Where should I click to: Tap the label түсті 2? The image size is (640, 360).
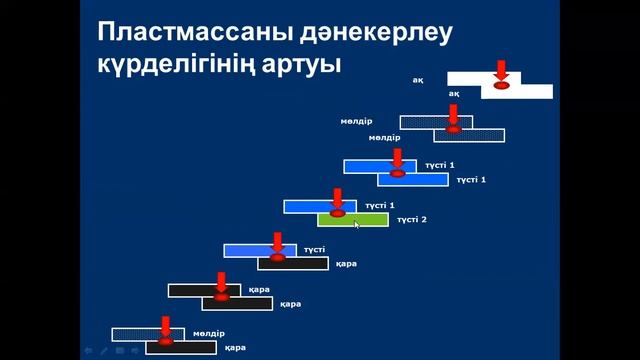coord(412,220)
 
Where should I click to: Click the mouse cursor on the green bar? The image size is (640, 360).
coord(357,225)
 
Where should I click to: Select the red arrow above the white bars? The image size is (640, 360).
coord(502,72)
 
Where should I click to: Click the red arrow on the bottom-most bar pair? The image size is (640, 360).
coord(165,326)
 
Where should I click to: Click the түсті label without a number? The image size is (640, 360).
coord(315,249)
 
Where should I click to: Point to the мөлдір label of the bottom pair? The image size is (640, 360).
coord(209,333)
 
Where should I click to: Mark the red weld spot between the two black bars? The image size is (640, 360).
coord(221,297)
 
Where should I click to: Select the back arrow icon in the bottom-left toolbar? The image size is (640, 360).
coord(89,351)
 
